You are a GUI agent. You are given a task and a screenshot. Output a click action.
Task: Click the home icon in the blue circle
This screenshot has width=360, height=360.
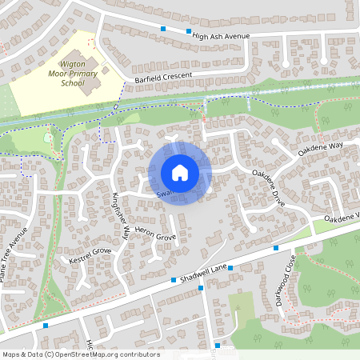(x=180, y=172)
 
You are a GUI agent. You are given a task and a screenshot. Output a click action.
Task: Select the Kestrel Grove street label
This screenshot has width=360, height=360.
(x=90, y=256)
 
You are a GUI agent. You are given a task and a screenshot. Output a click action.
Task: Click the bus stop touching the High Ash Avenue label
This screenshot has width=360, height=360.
(x=189, y=32)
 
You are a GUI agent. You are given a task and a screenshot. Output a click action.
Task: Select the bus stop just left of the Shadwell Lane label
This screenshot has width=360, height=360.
(x=174, y=280)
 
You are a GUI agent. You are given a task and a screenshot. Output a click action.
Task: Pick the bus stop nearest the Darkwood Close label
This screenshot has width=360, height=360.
(x=275, y=249)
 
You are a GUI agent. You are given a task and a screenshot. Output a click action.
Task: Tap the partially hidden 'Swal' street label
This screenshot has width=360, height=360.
(x=163, y=193)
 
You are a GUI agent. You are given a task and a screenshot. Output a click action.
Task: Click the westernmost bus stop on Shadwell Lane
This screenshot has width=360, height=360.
(x=46, y=326)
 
